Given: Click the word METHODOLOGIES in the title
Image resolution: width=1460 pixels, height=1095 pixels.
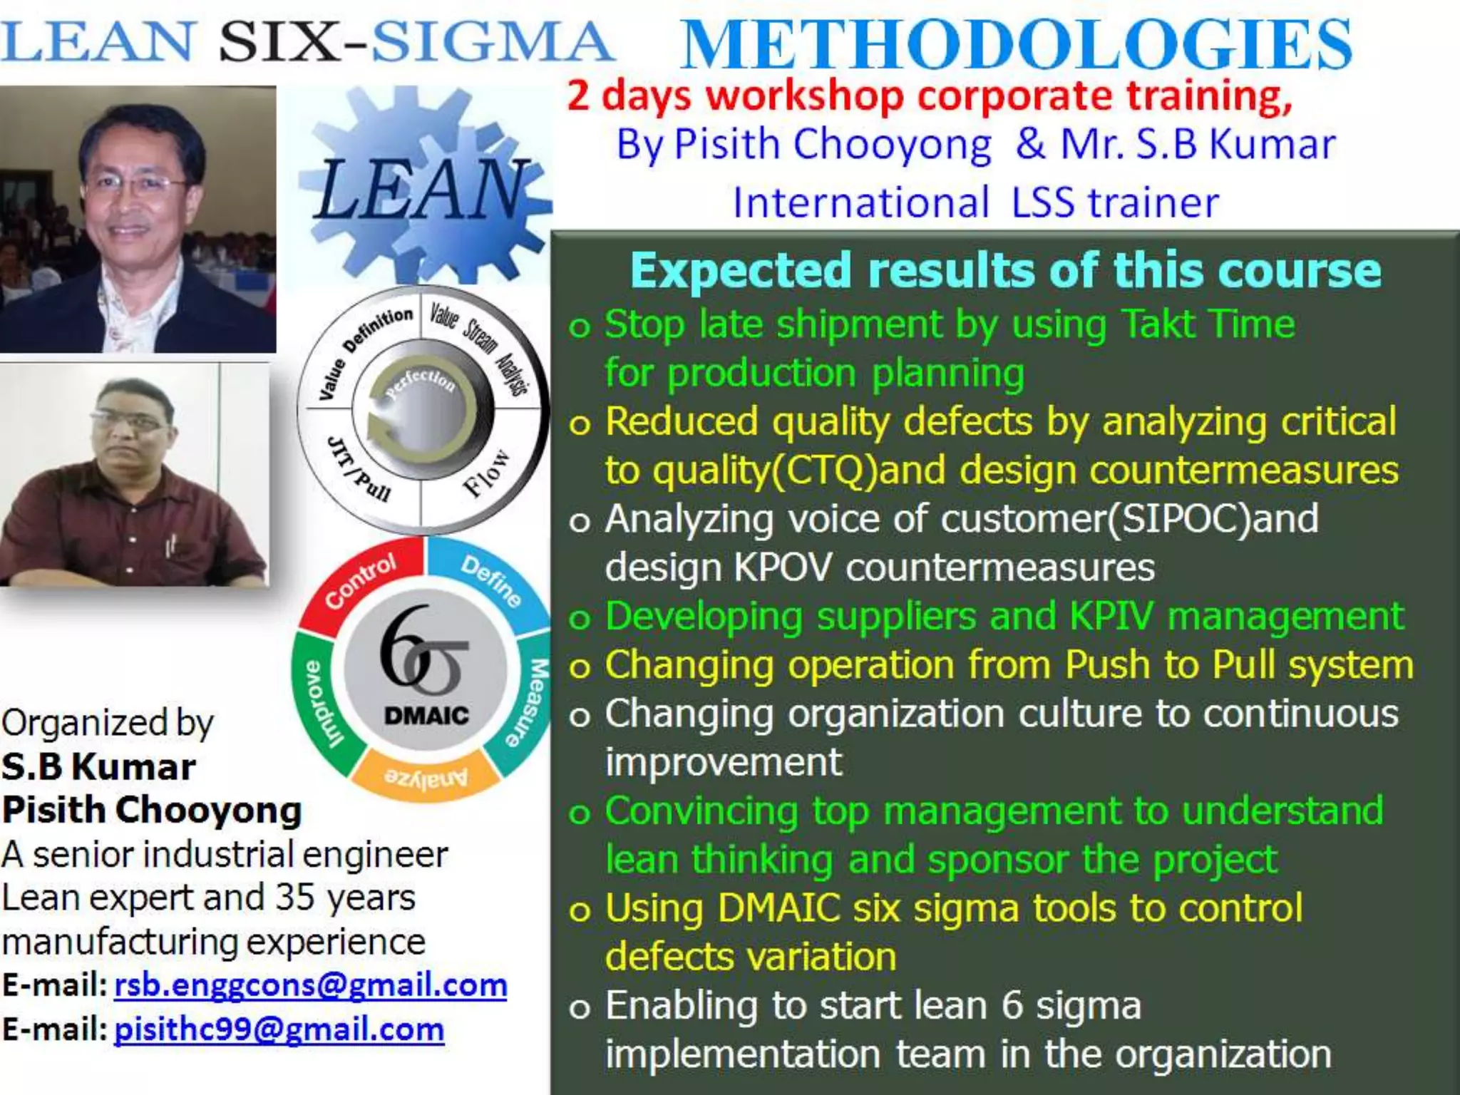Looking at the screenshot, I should [1016, 45].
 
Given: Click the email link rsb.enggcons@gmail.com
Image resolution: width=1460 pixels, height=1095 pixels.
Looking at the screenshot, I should [310, 985].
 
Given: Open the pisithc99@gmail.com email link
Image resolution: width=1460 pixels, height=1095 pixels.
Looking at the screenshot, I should [279, 1029].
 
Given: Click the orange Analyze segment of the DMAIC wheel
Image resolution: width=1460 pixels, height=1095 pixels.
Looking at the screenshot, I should [426, 776].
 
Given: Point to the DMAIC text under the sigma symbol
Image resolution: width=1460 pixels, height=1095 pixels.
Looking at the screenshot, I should [426, 715].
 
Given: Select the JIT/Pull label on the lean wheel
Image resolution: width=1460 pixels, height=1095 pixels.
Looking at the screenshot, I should [359, 470].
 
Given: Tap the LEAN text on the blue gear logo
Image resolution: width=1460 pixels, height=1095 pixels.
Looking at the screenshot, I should [421, 189].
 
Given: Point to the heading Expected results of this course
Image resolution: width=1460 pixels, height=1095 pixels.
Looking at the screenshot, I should [1005, 270].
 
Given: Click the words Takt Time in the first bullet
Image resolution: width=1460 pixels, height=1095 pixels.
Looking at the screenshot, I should [1208, 324].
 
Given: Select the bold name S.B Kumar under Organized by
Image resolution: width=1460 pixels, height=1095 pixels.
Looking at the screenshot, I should [98, 767].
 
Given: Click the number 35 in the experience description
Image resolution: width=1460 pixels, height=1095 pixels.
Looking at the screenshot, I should [297, 897].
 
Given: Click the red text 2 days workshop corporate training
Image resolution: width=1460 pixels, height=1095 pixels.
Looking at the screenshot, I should [929, 96].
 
